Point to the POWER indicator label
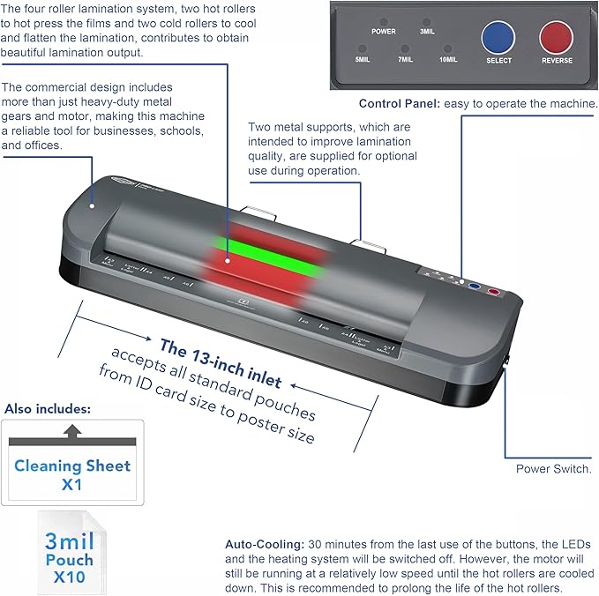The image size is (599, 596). coord(383,31)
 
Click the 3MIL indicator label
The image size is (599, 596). coord(427,31)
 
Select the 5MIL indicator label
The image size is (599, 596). coord(363,61)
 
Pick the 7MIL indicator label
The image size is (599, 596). coord(406,61)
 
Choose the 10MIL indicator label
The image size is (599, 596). coord(449,61)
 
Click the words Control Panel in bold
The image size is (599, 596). coord(399,103)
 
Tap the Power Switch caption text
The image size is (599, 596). coord(553,469)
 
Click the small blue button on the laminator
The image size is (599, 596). coord(475,287)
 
